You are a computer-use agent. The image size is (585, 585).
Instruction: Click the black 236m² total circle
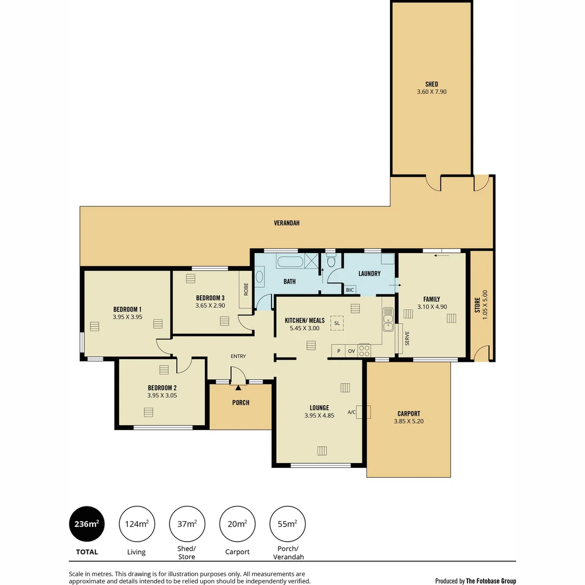[x=87, y=524]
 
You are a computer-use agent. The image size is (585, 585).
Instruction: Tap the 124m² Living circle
[x=136, y=524]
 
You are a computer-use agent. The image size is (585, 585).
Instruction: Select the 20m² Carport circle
[x=237, y=524]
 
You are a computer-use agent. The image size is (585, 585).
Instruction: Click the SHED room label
[x=432, y=84]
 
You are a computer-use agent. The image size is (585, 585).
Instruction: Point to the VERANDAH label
[x=287, y=223]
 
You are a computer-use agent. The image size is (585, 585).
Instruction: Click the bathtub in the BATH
[x=290, y=262]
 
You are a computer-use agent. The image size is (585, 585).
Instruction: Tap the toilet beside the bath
[x=331, y=262]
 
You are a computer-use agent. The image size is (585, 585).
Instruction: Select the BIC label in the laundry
[x=350, y=290]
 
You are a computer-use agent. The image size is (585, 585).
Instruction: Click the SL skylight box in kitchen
[x=337, y=323]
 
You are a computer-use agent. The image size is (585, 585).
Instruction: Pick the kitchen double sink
[x=387, y=320]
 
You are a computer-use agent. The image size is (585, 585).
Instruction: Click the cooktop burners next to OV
[x=364, y=350]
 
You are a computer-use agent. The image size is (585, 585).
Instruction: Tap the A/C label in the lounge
[x=352, y=412]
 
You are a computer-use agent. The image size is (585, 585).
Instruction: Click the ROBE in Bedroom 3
[x=246, y=290]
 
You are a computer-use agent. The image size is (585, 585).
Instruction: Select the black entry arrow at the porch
[x=238, y=388]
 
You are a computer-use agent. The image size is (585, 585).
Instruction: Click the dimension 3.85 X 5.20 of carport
[x=408, y=421]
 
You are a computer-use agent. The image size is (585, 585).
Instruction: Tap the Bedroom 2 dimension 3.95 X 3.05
[x=162, y=395]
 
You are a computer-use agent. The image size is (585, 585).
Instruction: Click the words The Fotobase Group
[x=491, y=581]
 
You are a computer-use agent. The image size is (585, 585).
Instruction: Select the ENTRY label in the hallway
[x=238, y=356]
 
